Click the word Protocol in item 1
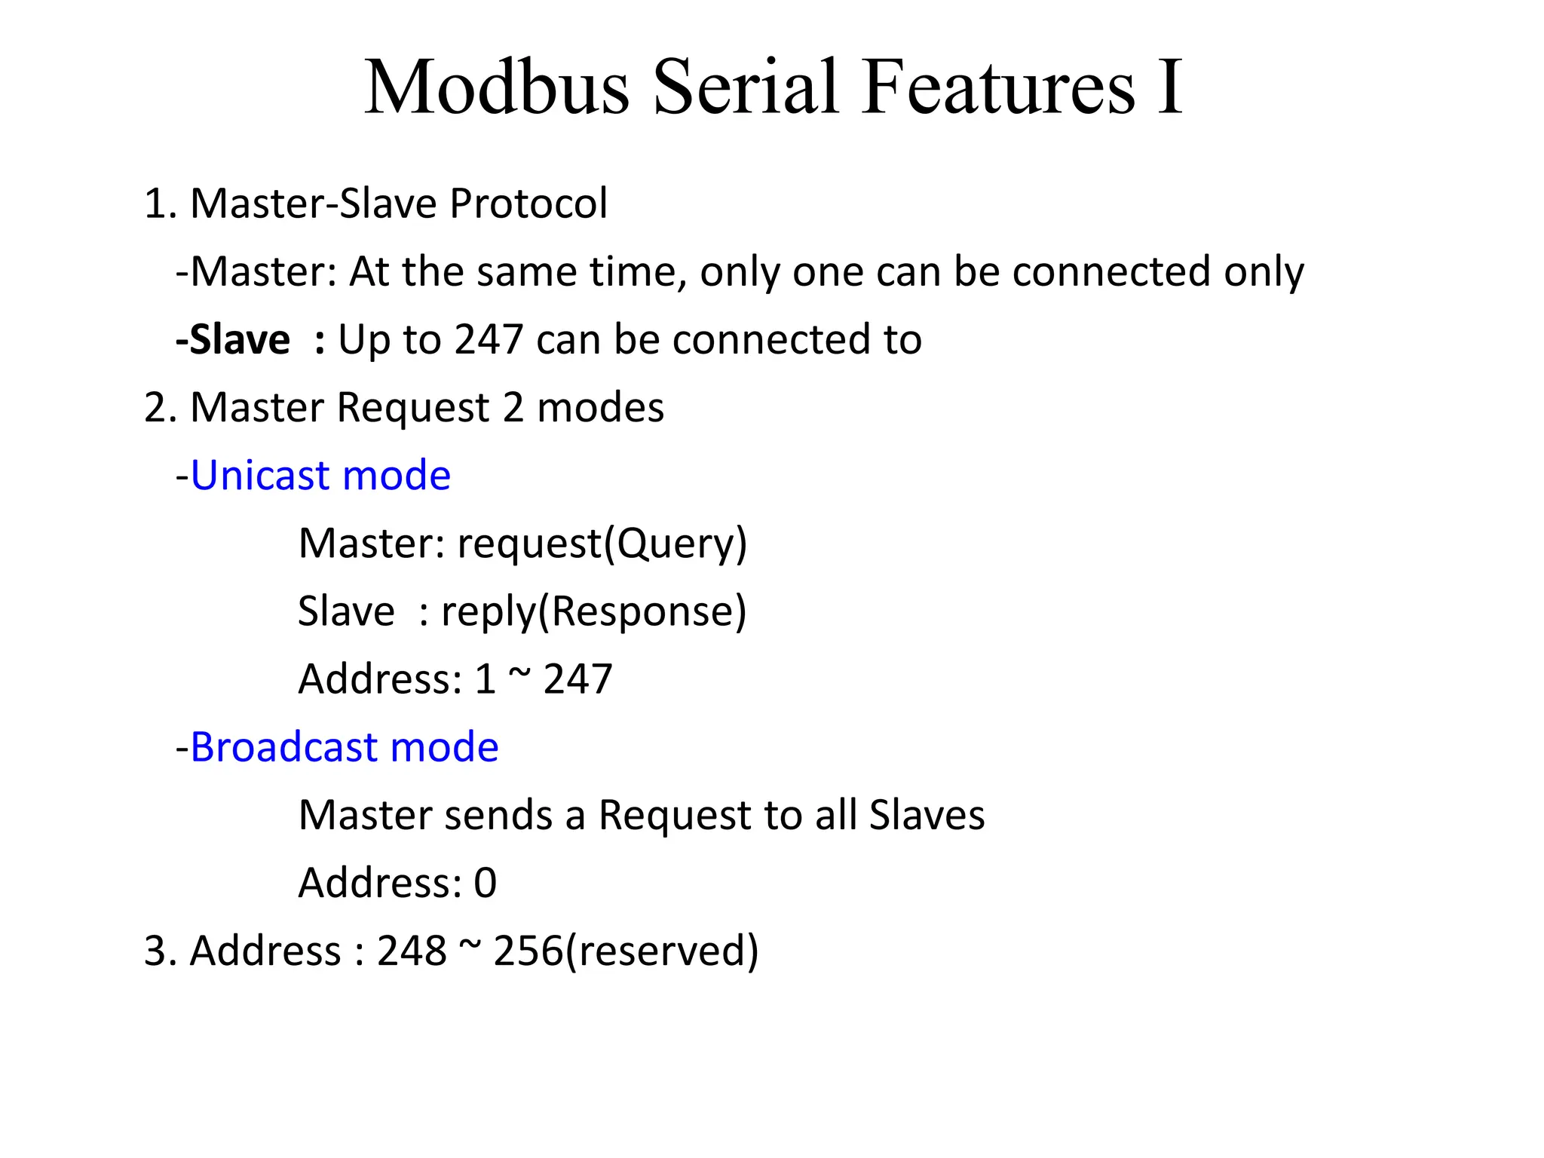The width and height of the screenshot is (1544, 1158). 528,204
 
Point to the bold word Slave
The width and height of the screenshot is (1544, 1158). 239,339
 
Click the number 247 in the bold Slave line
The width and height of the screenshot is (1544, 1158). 489,339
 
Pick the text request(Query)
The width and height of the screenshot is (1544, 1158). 602,544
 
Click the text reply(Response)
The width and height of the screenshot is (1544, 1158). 593,611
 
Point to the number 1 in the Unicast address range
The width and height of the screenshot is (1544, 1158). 485,679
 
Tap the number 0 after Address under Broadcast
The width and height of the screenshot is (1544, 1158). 486,883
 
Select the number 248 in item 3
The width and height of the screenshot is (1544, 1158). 412,951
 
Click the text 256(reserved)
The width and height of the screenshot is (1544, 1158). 626,951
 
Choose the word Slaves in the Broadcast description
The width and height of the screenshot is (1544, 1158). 927,815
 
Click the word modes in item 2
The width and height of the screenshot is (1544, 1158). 600,407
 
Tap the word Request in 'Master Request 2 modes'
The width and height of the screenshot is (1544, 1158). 413,408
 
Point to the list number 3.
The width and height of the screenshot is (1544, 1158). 155,951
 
